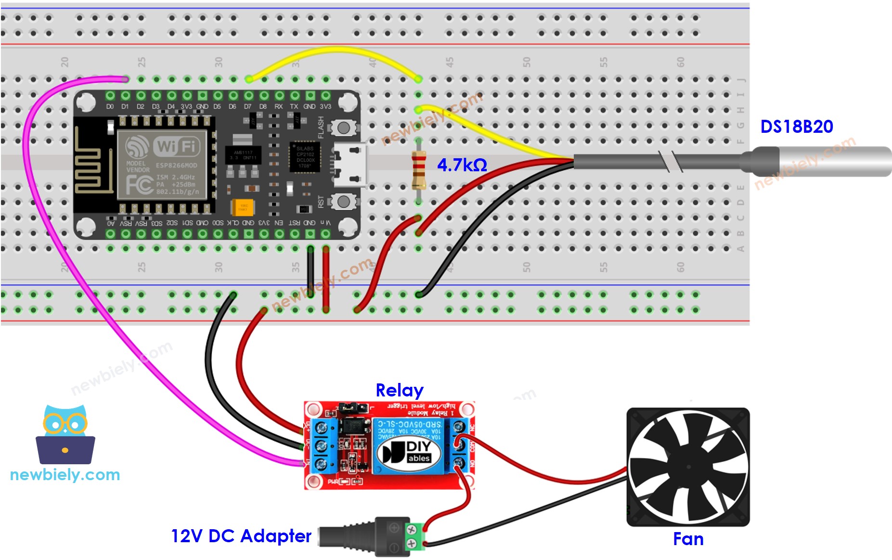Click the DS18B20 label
pos(796,127)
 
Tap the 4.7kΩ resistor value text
pos(461,165)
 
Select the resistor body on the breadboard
pos(419,169)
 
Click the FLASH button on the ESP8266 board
pos(343,128)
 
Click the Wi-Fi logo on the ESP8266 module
pos(176,146)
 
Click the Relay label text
pos(399,390)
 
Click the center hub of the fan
pos(688,467)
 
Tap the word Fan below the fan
pos(688,539)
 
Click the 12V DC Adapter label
pos(241,536)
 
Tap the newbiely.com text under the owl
pos(65,475)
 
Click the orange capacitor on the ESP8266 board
pos(243,207)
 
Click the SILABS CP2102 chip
pos(305,157)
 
